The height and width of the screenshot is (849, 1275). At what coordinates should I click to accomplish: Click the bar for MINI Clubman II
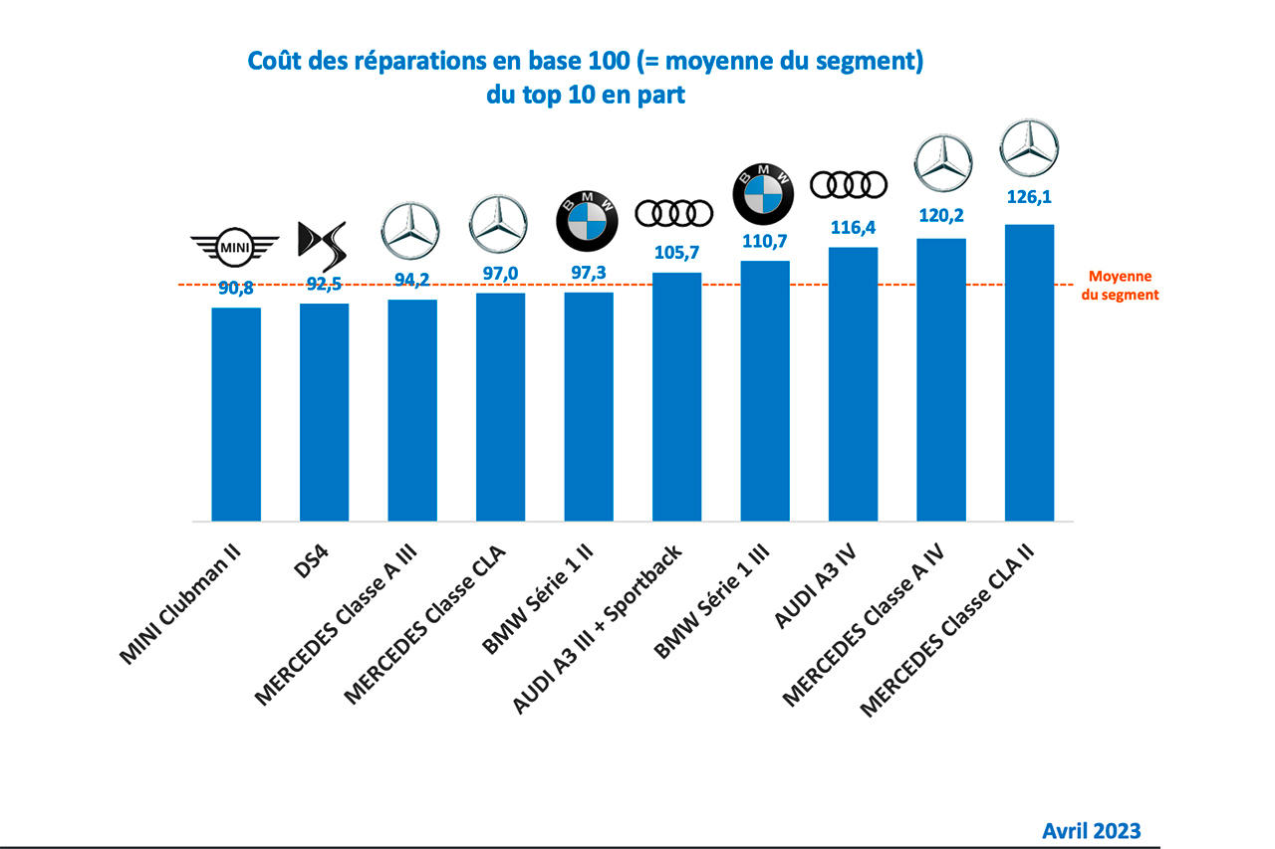(x=236, y=414)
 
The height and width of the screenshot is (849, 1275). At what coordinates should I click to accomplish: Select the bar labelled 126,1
(x=1029, y=372)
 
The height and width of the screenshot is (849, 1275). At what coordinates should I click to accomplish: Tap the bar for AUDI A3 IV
(x=853, y=383)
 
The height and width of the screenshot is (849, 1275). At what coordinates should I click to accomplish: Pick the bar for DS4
(x=324, y=412)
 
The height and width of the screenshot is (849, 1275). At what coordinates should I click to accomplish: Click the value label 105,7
(x=676, y=253)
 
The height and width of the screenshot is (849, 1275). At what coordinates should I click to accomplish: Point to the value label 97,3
(x=588, y=273)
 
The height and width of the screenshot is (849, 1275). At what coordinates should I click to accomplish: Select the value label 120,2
(x=941, y=216)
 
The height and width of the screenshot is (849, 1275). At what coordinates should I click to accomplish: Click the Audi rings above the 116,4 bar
(x=849, y=185)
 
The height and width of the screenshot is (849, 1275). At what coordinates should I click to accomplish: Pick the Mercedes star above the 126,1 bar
(x=1028, y=148)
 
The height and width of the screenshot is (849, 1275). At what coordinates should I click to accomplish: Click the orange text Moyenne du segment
(x=1121, y=286)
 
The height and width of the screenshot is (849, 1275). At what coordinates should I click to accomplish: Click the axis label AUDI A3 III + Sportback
(x=598, y=629)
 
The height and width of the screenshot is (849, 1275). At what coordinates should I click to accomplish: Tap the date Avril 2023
(x=1092, y=830)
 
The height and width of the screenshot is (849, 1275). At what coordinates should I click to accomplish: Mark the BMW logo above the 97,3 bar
(x=588, y=216)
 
